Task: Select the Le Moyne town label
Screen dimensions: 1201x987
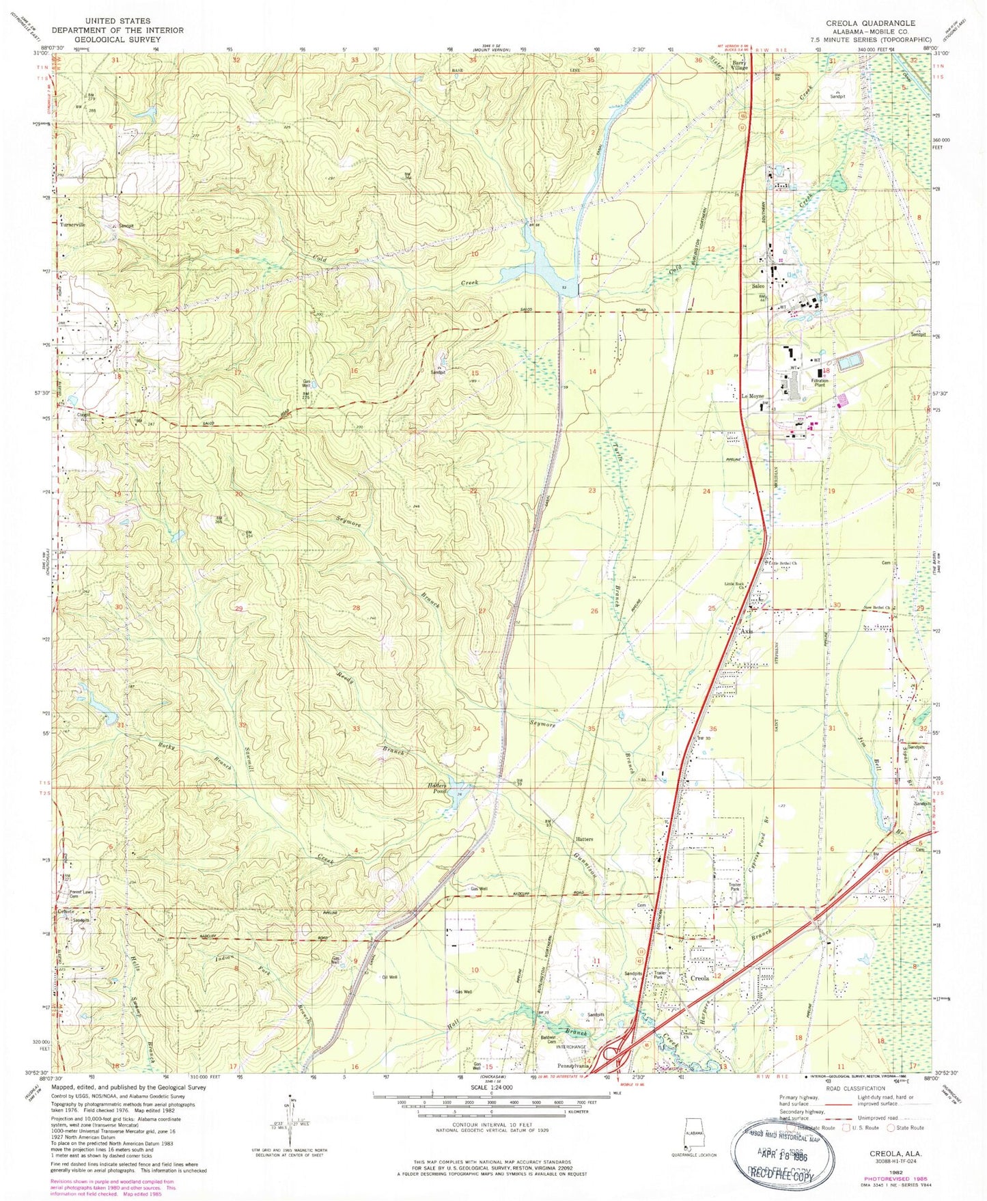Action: [x=753, y=396]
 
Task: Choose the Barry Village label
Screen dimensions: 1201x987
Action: [x=740, y=65]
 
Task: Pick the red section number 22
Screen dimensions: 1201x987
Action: [x=473, y=491]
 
